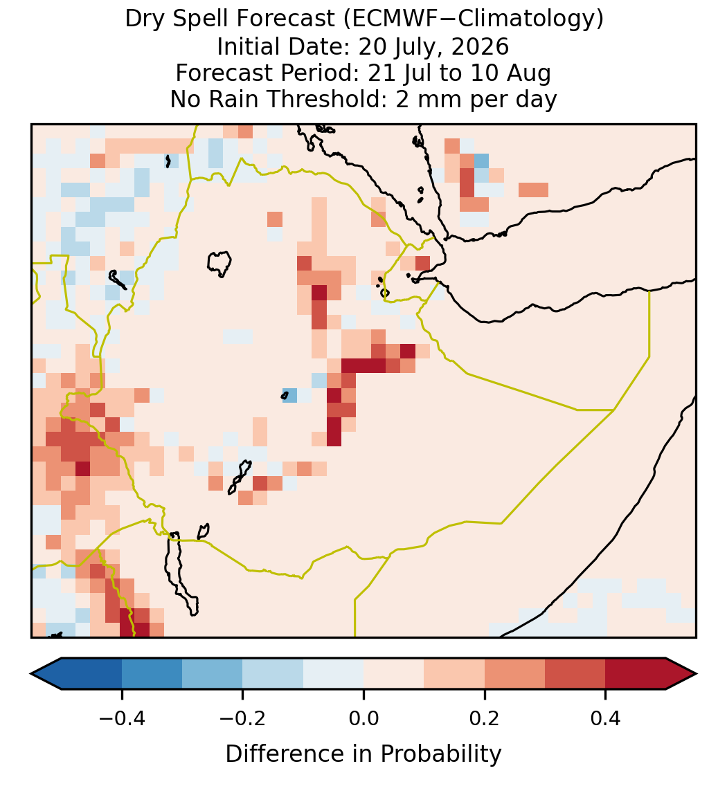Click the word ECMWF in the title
(388, 19)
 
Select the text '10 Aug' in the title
(510, 74)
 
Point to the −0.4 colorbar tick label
(121, 718)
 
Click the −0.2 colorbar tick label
(242, 718)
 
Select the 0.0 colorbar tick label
(363, 718)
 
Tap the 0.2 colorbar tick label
(485, 718)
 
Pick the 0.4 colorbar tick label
(606, 718)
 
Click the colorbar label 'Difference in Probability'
(363, 754)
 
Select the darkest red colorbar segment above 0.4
(636, 674)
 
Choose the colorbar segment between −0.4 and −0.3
(152, 674)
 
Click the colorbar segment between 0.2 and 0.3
(514, 674)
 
